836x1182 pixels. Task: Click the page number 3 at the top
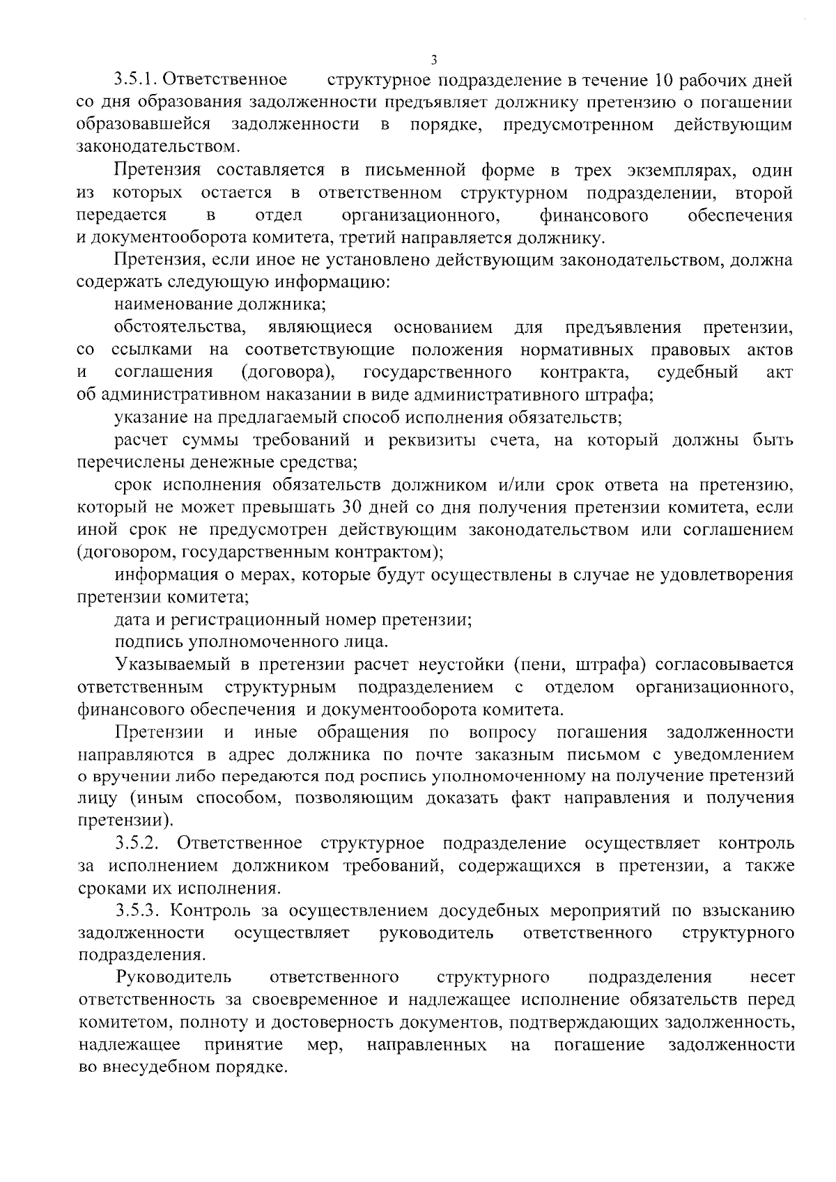coord(433,60)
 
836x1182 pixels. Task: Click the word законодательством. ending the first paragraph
coord(160,147)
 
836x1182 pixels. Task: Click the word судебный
coord(697,372)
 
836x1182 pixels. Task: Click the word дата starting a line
coord(135,619)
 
